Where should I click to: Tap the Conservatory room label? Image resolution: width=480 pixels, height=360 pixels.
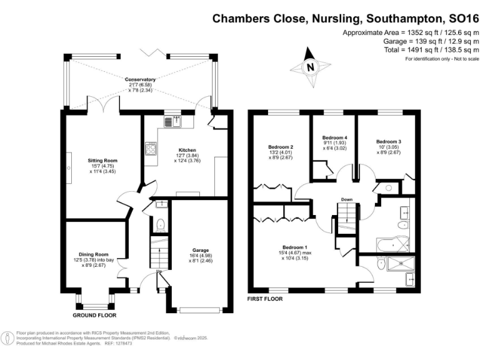point(140,80)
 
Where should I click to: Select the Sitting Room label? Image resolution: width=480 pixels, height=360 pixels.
point(102,160)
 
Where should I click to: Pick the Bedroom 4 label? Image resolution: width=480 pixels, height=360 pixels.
point(334,137)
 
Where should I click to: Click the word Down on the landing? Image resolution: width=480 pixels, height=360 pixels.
point(347,200)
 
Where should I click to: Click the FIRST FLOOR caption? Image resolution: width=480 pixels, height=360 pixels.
point(266,299)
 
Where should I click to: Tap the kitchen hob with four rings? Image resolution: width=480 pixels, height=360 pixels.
point(151,149)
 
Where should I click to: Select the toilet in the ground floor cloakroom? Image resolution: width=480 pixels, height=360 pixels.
point(160,224)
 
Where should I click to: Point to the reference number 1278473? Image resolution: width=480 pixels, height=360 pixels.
point(123,343)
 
